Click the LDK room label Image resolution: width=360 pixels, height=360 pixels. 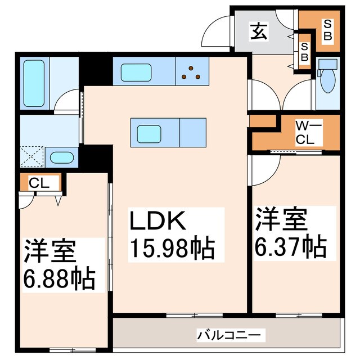click(x=158, y=221)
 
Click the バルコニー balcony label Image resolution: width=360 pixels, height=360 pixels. click(x=228, y=336)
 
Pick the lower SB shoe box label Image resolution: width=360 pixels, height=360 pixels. click(x=303, y=54)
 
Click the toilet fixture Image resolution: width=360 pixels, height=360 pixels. click(x=327, y=80)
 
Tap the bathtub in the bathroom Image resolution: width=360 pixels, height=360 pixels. click(x=37, y=83)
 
